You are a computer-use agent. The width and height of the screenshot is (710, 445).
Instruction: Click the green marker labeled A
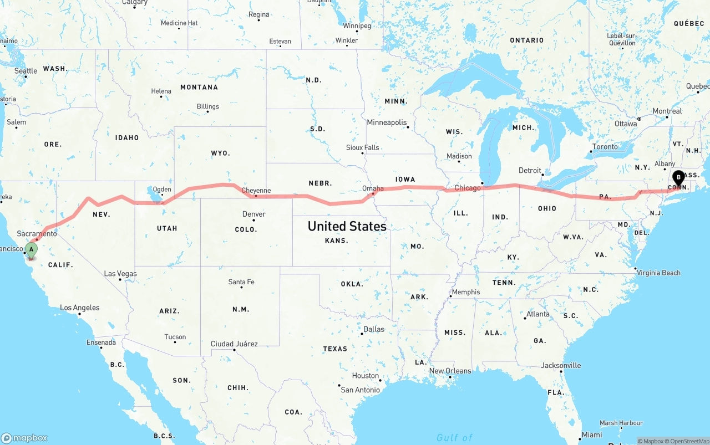click(x=32, y=250)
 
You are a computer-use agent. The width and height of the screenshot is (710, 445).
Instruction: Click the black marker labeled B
click(x=678, y=178)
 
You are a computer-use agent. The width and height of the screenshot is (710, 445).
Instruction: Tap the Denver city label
click(x=253, y=214)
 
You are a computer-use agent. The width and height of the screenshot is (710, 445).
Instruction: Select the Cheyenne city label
click(x=256, y=191)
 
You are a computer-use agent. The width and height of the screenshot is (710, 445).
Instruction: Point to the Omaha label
click(x=373, y=188)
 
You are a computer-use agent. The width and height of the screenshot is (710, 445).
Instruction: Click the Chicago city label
click(x=468, y=188)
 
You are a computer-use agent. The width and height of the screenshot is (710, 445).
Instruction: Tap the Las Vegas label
click(x=120, y=274)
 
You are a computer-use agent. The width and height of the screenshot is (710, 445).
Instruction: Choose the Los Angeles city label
click(x=80, y=308)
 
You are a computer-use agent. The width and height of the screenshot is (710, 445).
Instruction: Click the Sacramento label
click(x=37, y=234)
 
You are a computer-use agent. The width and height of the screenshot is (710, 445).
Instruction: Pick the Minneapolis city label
click(x=387, y=122)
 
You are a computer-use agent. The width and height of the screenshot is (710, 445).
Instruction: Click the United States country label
click(x=347, y=226)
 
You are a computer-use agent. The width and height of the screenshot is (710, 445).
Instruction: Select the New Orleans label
click(x=450, y=371)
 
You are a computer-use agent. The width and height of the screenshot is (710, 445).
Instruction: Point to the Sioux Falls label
click(x=362, y=147)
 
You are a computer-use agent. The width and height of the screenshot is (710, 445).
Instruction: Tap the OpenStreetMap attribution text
click(x=688, y=441)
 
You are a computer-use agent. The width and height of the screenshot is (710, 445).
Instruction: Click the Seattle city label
click(x=26, y=71)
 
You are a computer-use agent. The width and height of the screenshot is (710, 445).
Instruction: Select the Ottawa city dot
click(x=639, y=119)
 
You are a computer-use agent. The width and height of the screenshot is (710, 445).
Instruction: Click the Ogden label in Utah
click(x=162, y=190)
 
